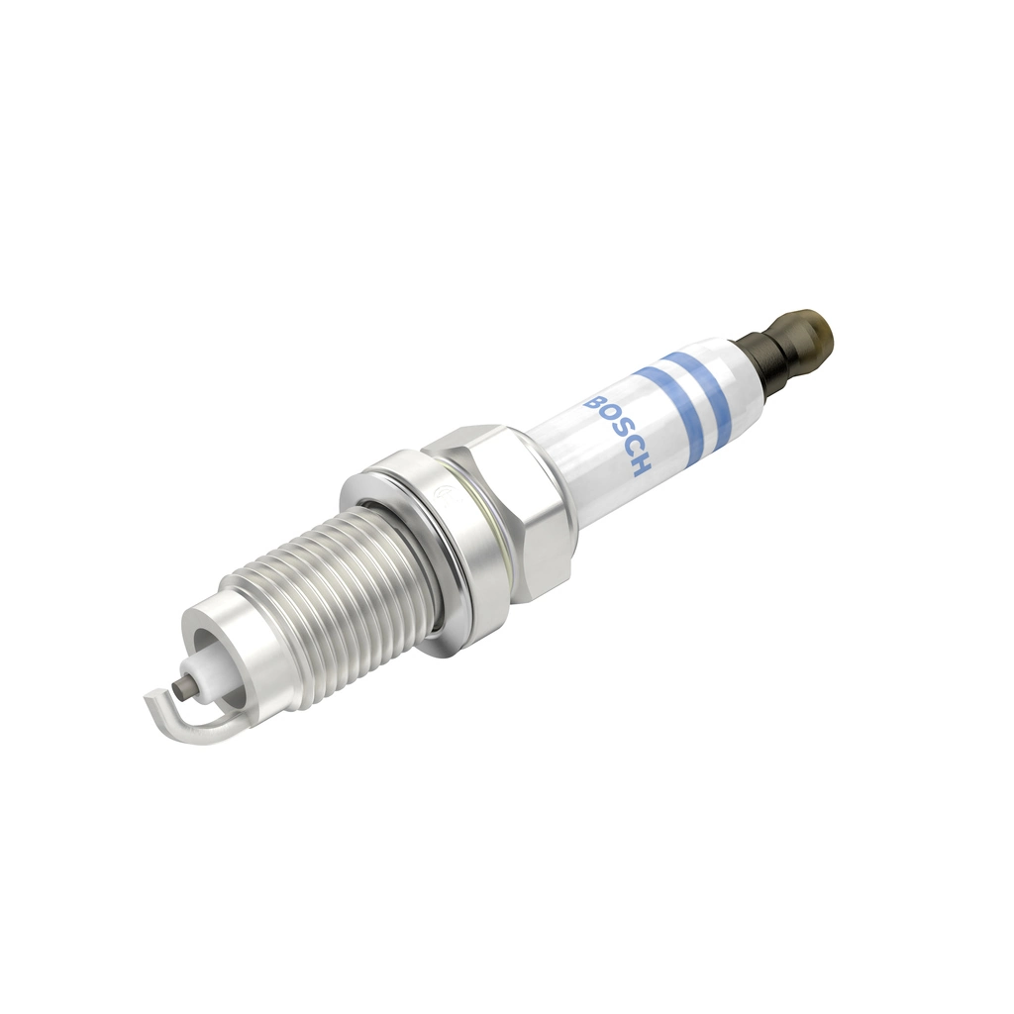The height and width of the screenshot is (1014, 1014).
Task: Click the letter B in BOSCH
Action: (595, 404)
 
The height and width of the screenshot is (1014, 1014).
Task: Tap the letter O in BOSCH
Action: (606, 420)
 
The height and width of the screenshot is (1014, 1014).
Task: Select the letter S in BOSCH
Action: (617, 436)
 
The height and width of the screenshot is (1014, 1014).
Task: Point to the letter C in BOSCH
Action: (628, 452)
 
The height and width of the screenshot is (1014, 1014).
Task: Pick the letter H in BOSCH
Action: (639, 467)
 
